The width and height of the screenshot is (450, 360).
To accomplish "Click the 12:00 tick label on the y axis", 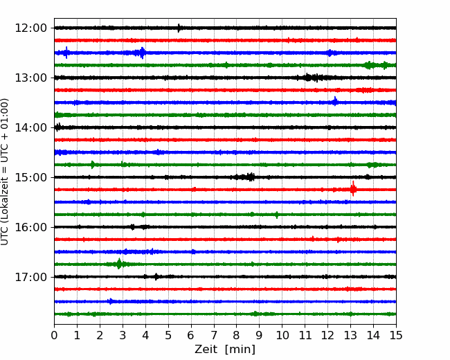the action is pos(30,28).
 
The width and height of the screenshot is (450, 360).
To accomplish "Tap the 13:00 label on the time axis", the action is pos(30,78).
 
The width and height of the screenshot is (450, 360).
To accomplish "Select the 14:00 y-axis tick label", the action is pos(30,128).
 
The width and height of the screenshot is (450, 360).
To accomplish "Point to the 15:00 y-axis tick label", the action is pos(30,177).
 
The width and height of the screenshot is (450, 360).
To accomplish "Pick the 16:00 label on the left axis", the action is pos(30,227).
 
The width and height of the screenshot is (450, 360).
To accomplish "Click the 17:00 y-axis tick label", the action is pos(30,277).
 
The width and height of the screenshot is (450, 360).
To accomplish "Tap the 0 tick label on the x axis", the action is pos(54,335).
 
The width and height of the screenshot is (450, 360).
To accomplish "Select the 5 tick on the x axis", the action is pos(168,335).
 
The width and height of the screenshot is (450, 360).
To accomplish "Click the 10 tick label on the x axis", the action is pos(282,335).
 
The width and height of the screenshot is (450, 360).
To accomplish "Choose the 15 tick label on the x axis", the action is pos(396,335).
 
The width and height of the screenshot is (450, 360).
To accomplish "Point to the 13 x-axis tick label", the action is pos(350,335).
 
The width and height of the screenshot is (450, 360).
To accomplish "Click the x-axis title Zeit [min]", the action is pos(225,350).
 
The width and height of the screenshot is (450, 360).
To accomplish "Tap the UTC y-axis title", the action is pos(5,172).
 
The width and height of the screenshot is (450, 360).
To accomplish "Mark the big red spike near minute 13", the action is pos(353,189).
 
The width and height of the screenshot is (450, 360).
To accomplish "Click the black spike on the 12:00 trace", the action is pos(179,28).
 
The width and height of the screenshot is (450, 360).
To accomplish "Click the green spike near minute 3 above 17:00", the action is pos(119,264).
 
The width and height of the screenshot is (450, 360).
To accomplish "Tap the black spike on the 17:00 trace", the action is pos(156,277).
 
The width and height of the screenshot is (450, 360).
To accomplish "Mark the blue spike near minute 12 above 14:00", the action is pos(335,101).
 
